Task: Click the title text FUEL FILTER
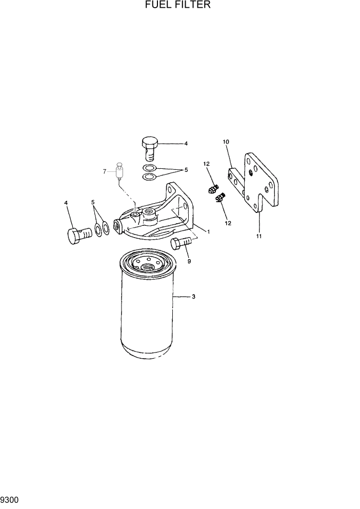(x=178, y=5)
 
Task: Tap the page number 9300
(x=10, y=499)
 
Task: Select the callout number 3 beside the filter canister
(x=193, y=297)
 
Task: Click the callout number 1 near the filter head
(x=209, y=231)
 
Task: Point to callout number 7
(x=105, y=171)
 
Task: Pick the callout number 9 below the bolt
(x=189, y=261)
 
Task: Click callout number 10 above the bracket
(x=226, y=141)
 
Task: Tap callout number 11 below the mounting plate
(x=259, y=236)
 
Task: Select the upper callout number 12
(x=207, y=164)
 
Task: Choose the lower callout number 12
(x=228, y=223)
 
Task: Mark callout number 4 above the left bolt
(x=66, y=203)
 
